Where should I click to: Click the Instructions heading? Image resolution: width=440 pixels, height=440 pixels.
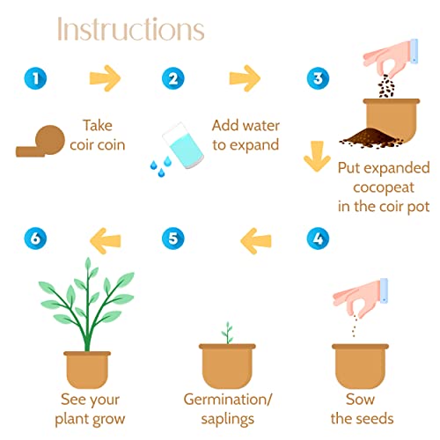point(131,29)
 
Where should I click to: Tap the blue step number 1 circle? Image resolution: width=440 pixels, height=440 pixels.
point(35,78)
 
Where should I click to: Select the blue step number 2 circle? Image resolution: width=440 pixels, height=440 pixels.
point(173,78)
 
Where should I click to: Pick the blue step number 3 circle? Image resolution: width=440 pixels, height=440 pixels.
point(318,78)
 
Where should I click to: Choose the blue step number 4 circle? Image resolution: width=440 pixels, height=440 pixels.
point(318,238)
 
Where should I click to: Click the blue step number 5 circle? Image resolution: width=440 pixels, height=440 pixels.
point(173,238)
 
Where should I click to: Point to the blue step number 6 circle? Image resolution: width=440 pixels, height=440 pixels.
point(35,238)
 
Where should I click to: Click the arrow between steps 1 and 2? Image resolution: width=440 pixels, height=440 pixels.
point(105,78)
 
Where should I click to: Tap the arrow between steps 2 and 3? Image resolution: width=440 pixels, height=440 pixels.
point(245,78)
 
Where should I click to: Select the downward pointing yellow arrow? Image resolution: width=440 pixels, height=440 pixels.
point(317,156)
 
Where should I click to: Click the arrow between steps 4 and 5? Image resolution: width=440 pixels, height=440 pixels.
point(256,241)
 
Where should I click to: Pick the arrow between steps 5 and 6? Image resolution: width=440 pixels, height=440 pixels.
point(105,241)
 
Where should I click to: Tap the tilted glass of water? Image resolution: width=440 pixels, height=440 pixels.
point(183,145)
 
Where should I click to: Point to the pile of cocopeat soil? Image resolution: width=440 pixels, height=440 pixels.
point(371,138)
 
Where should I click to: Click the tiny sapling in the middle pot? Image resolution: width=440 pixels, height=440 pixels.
point(227,333)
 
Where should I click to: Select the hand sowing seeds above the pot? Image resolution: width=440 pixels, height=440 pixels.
point(361,298)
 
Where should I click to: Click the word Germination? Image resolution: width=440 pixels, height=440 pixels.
point(225,400)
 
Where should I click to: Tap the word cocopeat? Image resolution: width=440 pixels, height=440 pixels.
point(384,187)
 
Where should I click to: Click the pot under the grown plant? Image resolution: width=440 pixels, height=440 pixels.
point(87,369)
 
